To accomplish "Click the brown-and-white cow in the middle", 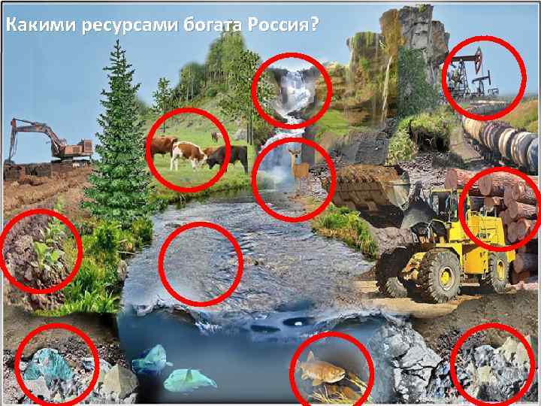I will click(188, 153).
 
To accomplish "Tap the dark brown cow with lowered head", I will click(228, 156).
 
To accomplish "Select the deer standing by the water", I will click(300, 168).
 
